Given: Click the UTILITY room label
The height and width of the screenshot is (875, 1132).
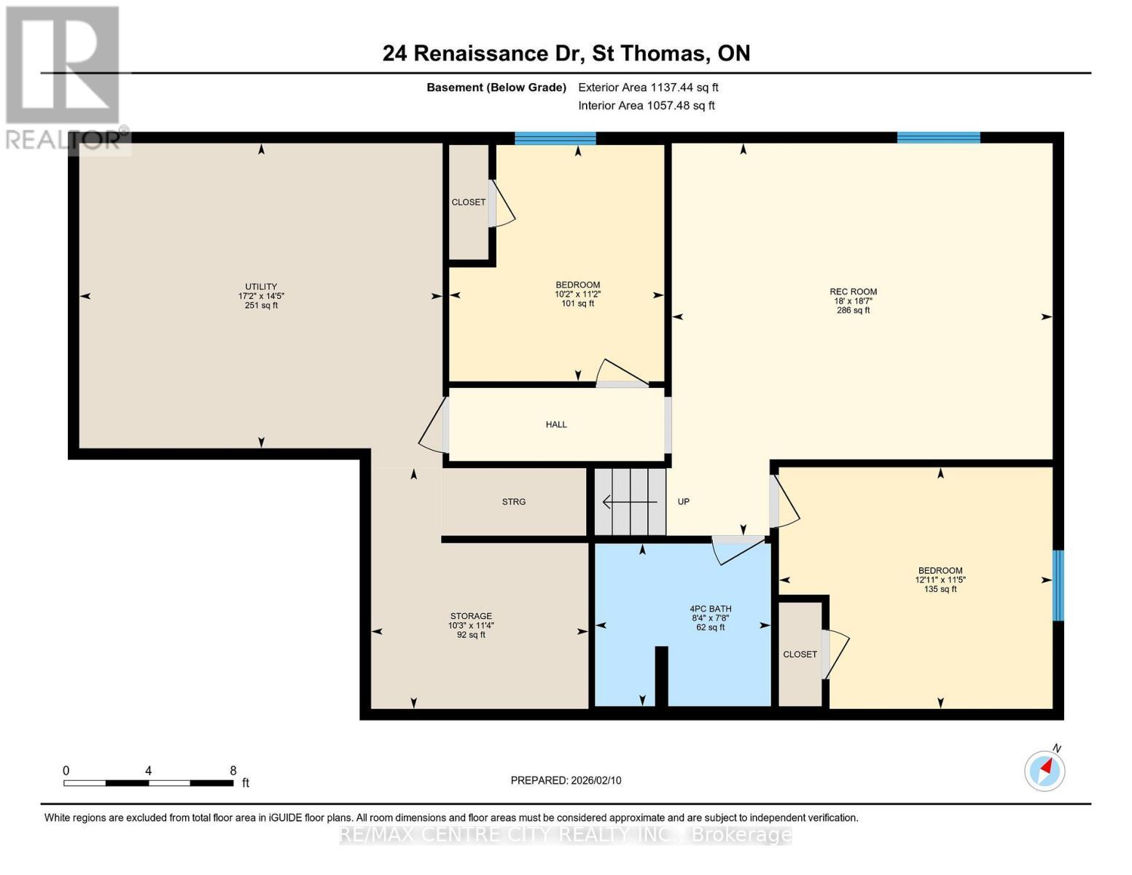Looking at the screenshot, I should (x=261, y=287).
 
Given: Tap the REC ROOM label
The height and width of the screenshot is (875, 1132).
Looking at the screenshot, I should (x=853, y=292).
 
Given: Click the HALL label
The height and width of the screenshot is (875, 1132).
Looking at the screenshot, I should (x=556, y=424).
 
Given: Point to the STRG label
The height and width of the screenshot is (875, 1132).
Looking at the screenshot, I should (x=514, y=502).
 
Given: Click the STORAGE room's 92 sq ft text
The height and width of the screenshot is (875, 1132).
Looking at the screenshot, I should (x=471, y=635).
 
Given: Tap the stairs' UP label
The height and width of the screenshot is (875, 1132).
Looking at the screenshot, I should (x=683, y=502).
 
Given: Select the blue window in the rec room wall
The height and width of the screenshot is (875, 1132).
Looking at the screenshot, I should (x=938, y=138).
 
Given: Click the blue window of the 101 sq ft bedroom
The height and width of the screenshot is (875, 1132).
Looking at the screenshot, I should (x=555, y=139).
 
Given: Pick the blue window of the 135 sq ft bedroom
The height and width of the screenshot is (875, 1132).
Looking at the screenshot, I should (x=1058, y=586).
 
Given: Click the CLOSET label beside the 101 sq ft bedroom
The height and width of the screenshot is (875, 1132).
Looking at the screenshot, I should (x=468, y=202).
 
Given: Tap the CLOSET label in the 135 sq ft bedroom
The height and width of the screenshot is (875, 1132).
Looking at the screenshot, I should (x=800, y=654).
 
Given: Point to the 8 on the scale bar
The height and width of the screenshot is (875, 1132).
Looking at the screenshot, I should (x=233, y=771).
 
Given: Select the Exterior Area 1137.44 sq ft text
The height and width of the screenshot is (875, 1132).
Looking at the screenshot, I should (x=648, y=87).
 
